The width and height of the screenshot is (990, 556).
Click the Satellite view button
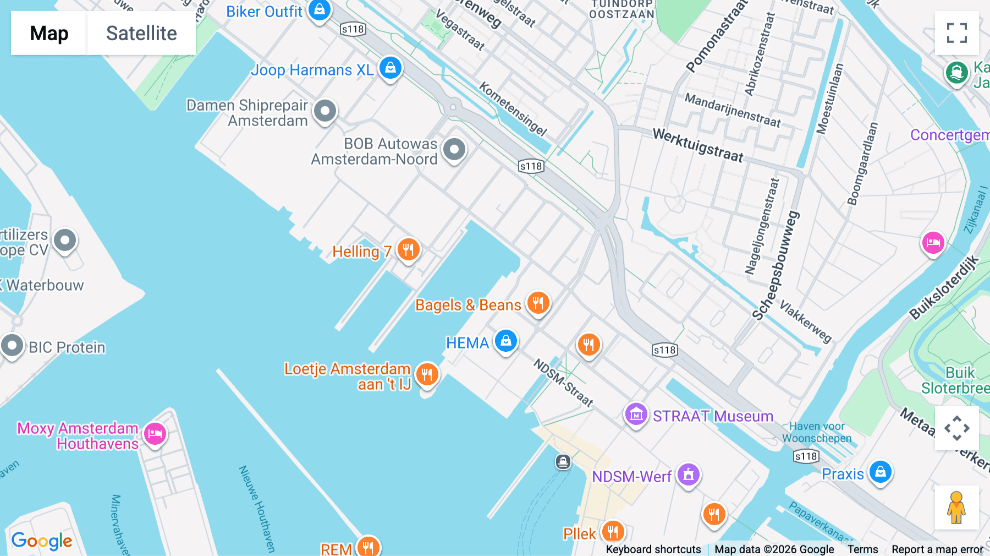pyautogui.click(x=141, y=33)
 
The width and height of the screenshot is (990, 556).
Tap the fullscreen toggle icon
pyautogui.click(x=956, y=33)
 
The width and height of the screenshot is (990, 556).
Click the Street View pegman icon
pyautogui.click(x=956, y=507)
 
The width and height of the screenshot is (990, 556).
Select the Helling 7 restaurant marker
pyautogui.click(x=408, y=249)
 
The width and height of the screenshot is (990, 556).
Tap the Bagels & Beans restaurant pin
pyautogui.click(x=538, y=303)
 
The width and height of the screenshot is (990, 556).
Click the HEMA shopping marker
pyautogui.click(x=506, y=341)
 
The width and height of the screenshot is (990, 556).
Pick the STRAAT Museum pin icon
pyautogui.click(x=636, y=414)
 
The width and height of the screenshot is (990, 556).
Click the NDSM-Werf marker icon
pyautogui.click(x=688, y=474)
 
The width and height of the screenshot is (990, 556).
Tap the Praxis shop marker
pyautogui.click(x=880, y=472)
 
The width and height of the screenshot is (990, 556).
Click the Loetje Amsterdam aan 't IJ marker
pyautogui.click(x=427, y=374)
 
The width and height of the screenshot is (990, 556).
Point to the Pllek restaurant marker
pyautogui.click(x=612, y=532)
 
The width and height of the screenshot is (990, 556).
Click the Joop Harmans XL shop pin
pyautogui.click(x=391, y=68)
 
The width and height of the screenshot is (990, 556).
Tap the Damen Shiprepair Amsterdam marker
pyautogui.click(x=325, y=111)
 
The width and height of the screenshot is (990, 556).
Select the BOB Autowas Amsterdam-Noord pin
pyautogui.click(x=454, y=149)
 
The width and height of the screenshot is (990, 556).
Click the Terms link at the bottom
pyautogui.click(x=862, y=549)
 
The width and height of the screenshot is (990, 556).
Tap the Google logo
pyautogui.click(x=42, y=541)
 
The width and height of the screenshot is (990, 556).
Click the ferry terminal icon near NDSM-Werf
pyautogui.click(x=563, y=461)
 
